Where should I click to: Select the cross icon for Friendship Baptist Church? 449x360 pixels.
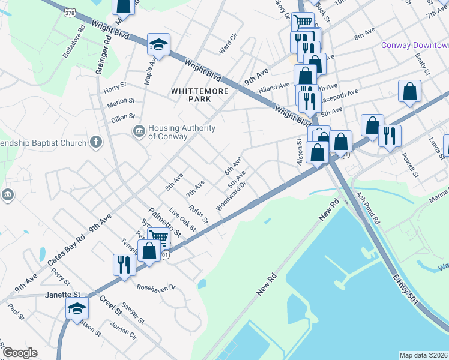pos(95,142)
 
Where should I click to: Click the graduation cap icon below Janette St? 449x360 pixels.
pos(77,308)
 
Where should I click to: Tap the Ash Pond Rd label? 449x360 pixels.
pos(367,208)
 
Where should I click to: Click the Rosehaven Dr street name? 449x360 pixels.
pos(155,287)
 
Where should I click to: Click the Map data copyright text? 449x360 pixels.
pos(423,355)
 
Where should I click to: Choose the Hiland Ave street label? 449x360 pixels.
pos(274,88)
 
